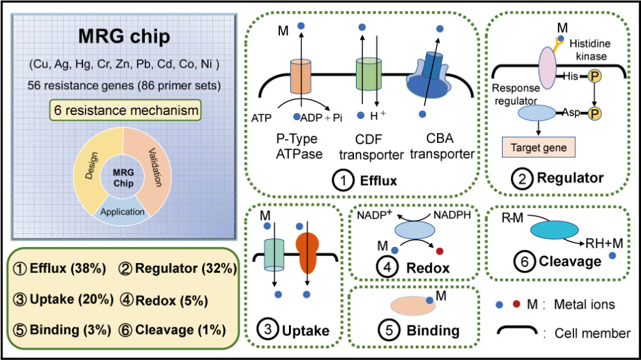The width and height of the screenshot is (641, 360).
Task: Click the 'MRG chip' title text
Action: [124, 37]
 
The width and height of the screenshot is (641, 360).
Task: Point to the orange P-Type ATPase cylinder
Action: [301, 75]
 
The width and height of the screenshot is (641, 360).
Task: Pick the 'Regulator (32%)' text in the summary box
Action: [178, 268]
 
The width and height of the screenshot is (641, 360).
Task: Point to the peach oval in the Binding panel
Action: [409, 305]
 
